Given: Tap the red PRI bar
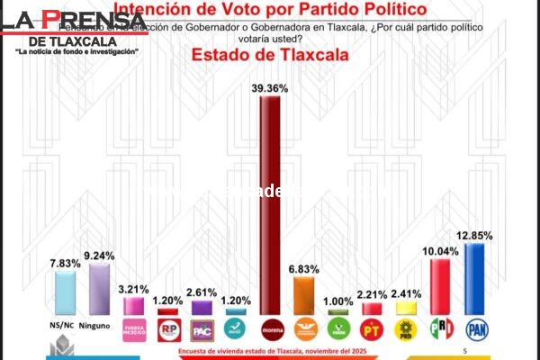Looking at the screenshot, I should [440, 284].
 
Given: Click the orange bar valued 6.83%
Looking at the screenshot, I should [304, 295].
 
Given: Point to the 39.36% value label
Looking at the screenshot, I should [270, 87].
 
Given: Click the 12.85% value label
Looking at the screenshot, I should [474, 236].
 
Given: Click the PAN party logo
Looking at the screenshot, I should [474, 328].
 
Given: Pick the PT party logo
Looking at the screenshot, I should [372, 328].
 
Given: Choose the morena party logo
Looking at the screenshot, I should [270, 328].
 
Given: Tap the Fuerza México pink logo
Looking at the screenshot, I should [133, 328].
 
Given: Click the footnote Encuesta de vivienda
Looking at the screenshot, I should [270, 350].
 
